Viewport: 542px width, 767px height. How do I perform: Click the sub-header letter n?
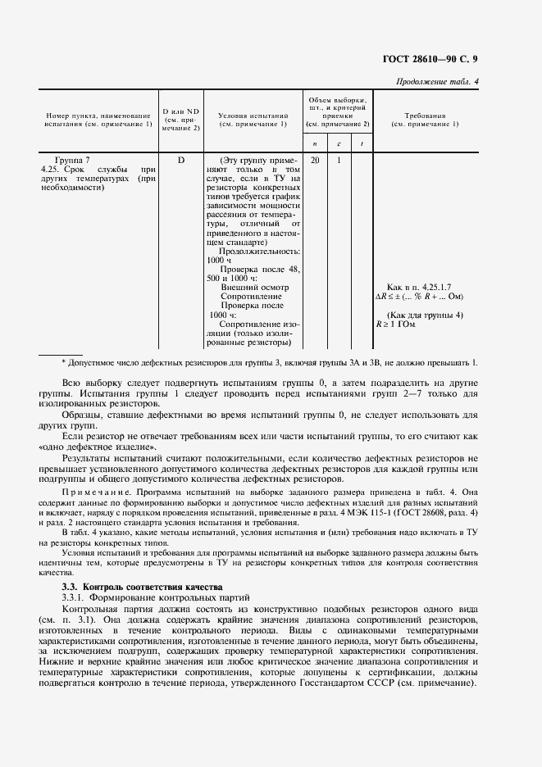(x=315, y=143)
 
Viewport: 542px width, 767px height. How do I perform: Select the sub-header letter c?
(x=339, y=143)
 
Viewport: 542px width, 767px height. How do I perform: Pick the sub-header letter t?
(x=362, y=143)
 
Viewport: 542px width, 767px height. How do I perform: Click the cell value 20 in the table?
(x=315, y=160)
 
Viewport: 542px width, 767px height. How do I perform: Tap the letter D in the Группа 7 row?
(x=180, y=160)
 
